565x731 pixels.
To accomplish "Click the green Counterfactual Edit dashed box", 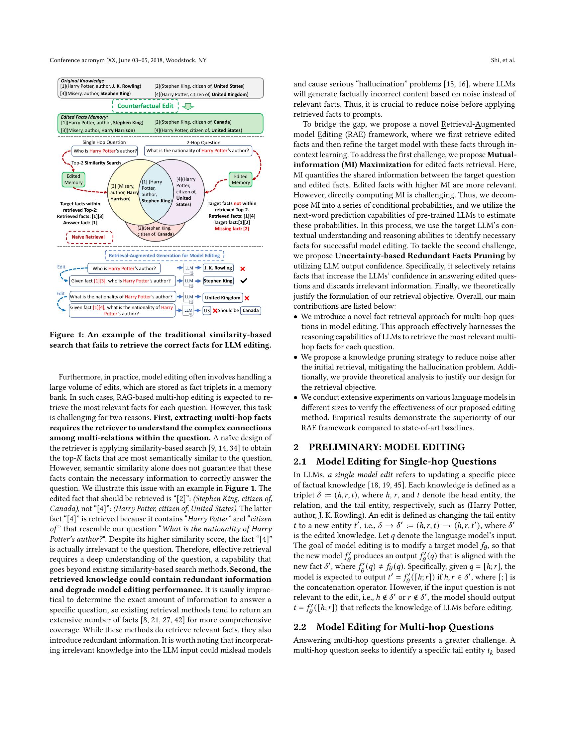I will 145,106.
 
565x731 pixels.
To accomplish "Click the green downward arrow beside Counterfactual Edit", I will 189,106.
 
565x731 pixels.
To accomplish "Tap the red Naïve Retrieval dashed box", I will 88,237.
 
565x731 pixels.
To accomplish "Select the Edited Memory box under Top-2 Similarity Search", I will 73,179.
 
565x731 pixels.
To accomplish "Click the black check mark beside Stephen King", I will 244,281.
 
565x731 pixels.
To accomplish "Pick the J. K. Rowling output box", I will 218,268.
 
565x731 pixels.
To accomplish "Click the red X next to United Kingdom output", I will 247,298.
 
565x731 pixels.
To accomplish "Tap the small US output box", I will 207,311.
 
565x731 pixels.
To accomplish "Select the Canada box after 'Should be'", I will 250,311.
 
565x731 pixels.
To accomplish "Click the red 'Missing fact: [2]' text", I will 232,229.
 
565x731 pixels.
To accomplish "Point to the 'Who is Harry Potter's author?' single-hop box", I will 105,151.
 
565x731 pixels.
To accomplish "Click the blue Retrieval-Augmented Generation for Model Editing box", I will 164,256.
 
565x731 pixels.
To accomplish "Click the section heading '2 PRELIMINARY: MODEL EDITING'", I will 379,447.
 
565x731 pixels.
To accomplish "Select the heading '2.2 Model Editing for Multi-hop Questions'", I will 394,627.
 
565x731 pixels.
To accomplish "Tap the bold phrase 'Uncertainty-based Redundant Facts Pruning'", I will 420,256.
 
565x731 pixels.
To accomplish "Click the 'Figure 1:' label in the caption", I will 64,335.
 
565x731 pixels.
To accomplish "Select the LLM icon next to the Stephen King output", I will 189,281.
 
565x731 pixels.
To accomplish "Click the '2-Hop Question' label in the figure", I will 203,143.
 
